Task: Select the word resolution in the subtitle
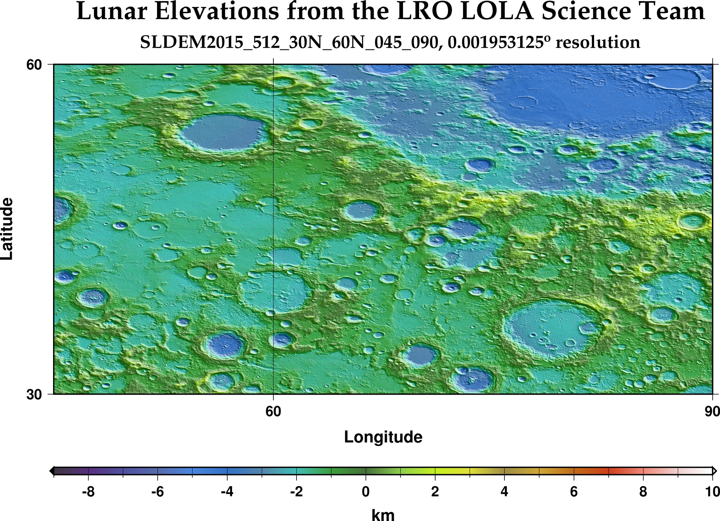597,43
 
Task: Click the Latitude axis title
7,229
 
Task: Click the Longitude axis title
383,437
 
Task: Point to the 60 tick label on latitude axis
34,65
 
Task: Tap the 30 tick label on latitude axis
34,395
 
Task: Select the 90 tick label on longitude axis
712,411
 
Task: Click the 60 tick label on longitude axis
273,411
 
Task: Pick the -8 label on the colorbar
88,492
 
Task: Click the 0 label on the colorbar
365,492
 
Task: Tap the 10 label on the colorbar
712,492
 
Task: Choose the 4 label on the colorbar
504,492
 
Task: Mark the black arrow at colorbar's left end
52,471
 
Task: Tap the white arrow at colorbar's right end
714,471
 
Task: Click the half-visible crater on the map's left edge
61,210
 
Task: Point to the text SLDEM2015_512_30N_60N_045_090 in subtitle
289,43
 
